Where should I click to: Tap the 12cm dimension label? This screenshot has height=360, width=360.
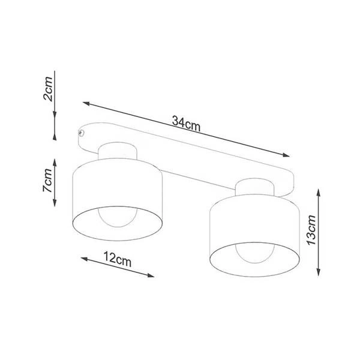tap(118, 260)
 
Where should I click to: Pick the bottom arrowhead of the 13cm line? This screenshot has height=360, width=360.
tap(318, 274)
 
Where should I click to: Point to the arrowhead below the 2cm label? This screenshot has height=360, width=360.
tap(55, 118)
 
